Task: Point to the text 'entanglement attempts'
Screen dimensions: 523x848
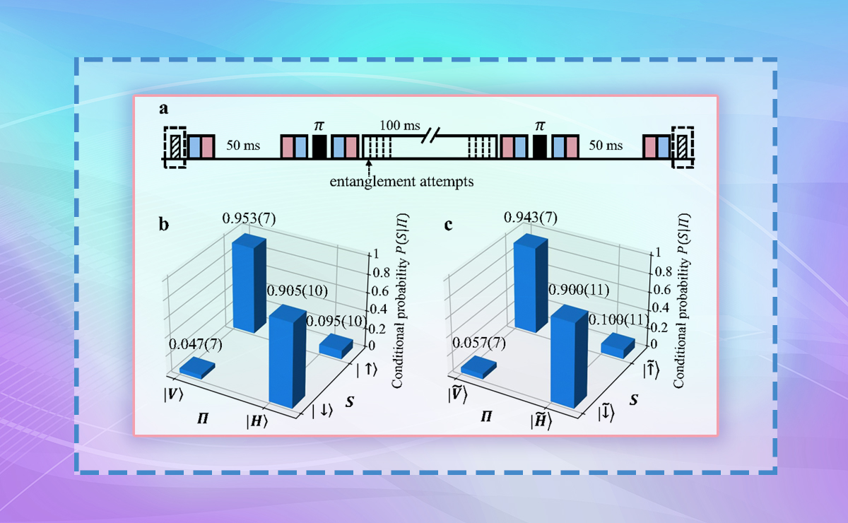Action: coord(402,181)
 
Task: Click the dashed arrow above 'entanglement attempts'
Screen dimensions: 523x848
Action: coord(368,167)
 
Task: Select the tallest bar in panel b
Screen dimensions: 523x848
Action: coord(250,286)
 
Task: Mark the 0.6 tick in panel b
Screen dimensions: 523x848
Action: coord(379,290)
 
